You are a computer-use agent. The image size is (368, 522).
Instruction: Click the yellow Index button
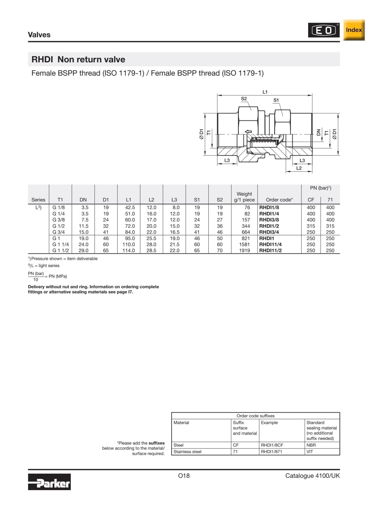tap(354, 30)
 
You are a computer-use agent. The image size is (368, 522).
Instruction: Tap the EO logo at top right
tap(324, 30)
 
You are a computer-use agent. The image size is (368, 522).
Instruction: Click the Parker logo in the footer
tap(49, 482)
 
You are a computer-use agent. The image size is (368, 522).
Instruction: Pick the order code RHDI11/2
tap(270, 251)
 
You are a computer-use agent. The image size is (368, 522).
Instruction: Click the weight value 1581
tap(245, 245)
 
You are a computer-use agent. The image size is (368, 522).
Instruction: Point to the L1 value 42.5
tap(130, 207)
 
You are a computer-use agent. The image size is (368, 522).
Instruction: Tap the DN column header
tap(83, 200)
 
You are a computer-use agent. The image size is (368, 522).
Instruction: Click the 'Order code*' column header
tap(279, 200)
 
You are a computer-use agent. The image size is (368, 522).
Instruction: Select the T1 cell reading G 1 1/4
tap(60, 245)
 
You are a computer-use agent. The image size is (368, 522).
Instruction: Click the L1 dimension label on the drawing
tap(265, 92)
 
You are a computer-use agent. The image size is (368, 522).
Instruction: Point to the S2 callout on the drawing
tap(244, 99)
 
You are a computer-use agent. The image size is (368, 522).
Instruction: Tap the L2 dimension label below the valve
tap(299, 168)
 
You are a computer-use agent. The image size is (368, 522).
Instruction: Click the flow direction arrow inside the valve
tap(248, 132)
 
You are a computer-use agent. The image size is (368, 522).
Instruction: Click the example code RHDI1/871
tap(271, 452)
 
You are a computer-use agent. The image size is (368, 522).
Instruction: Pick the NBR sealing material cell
tap(310, 445)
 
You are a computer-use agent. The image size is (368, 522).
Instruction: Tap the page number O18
tap(184, 476)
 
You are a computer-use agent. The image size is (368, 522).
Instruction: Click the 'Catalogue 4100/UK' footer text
tap(312, 476)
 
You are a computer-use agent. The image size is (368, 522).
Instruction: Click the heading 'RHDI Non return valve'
tap(78, 59)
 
